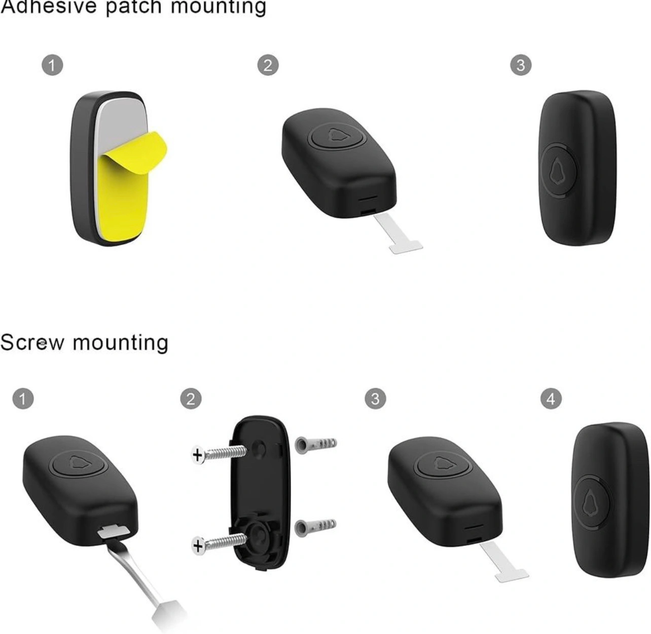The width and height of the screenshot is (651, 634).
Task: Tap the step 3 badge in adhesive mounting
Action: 521,65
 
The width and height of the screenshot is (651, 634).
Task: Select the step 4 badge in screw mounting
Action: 551,399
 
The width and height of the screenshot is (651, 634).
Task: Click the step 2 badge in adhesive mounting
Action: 268,65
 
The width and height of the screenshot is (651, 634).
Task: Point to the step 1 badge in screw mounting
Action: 23,399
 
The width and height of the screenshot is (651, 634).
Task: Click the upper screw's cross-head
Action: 198,455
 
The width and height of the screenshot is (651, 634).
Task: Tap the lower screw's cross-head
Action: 198,546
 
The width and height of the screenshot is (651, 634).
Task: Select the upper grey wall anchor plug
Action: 315,444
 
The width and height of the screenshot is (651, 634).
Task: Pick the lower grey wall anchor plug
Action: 315,527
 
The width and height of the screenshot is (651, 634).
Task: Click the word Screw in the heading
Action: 32,343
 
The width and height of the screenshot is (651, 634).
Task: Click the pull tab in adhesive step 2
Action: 398,234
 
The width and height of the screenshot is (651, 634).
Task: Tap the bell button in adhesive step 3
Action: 559,171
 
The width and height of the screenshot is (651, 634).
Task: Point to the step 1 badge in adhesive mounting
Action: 52,65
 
